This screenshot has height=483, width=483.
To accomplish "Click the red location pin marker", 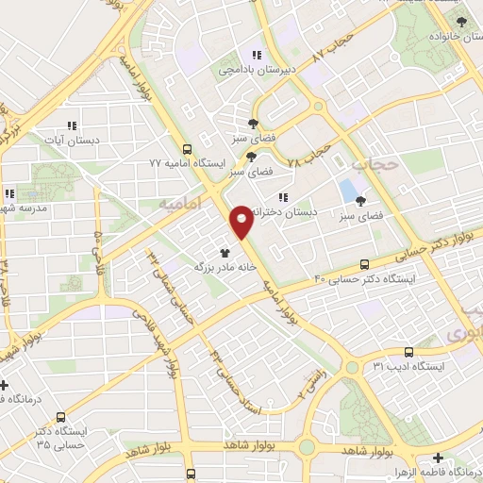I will [x=241, y=221].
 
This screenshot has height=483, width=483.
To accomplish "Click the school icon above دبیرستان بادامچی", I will [x=255, y=54].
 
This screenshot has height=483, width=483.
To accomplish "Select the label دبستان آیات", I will [x=71, y=140].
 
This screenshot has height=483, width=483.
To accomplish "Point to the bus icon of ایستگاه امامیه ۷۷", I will [x=187, y=148].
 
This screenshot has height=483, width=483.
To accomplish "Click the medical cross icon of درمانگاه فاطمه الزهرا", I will [x=436, y=458].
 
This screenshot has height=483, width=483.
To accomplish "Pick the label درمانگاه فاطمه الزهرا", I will [x=436, y=471].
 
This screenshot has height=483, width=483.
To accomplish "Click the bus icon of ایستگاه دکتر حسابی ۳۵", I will [x=61, y=416].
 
